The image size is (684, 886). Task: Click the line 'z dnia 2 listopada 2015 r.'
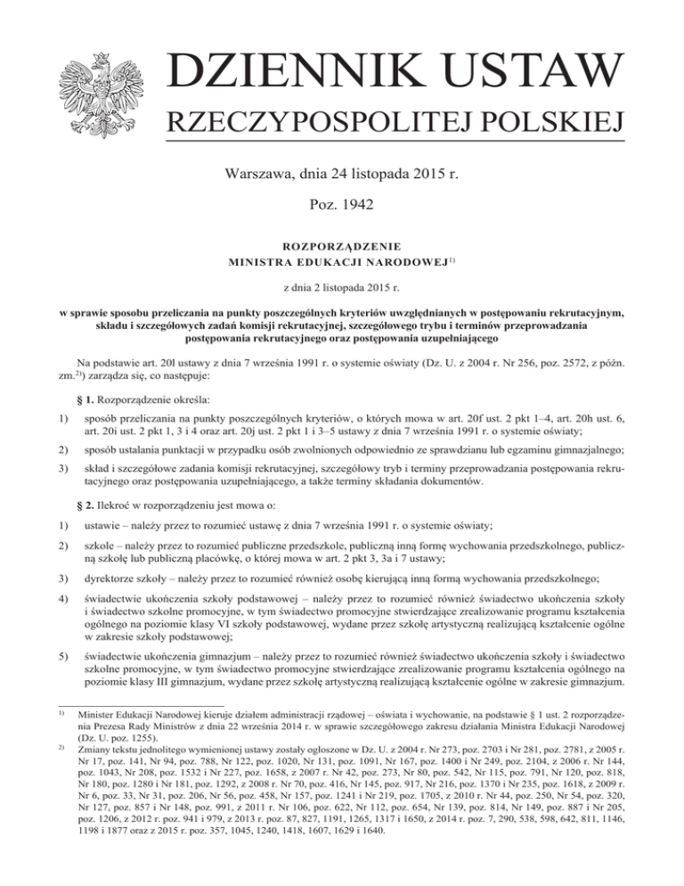[342, 291]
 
